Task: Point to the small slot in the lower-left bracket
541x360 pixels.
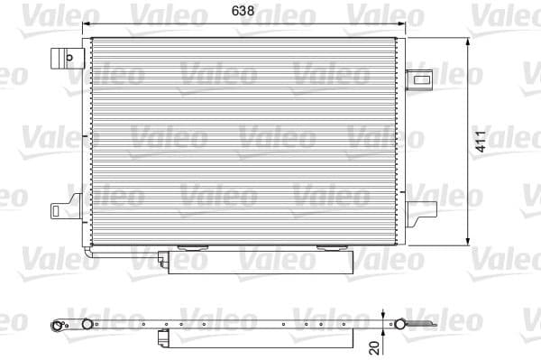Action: [x=56, y=211]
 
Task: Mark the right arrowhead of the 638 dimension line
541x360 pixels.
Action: [x=402, y=25]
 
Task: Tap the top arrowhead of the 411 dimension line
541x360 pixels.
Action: [x=468, y=41]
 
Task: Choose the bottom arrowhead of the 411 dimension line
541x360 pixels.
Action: [x=468, y=242]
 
